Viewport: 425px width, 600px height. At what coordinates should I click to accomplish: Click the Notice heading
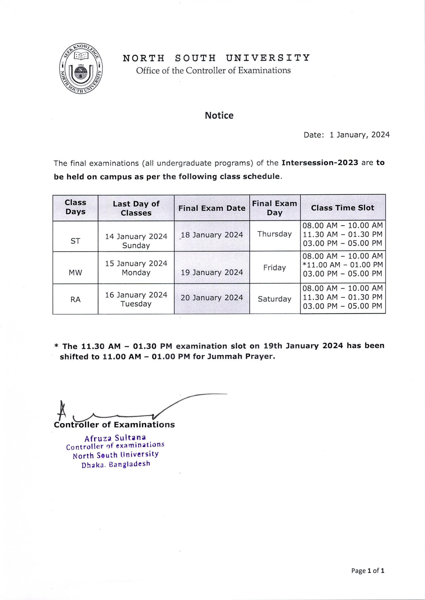(x=219, y=115)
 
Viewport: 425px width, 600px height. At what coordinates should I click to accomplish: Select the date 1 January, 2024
(x=359, y=135)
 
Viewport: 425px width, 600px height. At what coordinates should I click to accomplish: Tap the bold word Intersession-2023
(x=320, y=163)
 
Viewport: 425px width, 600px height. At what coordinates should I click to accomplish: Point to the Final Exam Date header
(x=212, y=208)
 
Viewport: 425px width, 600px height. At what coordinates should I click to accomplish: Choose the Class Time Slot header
(x=343, y=208)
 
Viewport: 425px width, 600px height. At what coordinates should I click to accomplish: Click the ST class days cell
(x=75, y=241)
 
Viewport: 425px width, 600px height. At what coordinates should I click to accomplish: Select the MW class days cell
(x=75, y=273)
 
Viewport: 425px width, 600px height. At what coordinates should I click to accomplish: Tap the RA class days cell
(x=75, y=299)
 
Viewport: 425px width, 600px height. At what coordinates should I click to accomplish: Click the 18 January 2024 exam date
(x=212, y=235)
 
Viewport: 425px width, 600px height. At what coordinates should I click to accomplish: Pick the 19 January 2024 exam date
(x=212, y=272)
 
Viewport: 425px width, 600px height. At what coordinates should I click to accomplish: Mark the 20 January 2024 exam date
(x=212, y=298)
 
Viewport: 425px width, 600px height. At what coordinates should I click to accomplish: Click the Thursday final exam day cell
(x=274, y=234)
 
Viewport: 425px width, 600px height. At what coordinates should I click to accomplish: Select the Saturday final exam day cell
(x=274, y=299)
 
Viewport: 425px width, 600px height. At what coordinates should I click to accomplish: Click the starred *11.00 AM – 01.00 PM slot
(x=343, y=265)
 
